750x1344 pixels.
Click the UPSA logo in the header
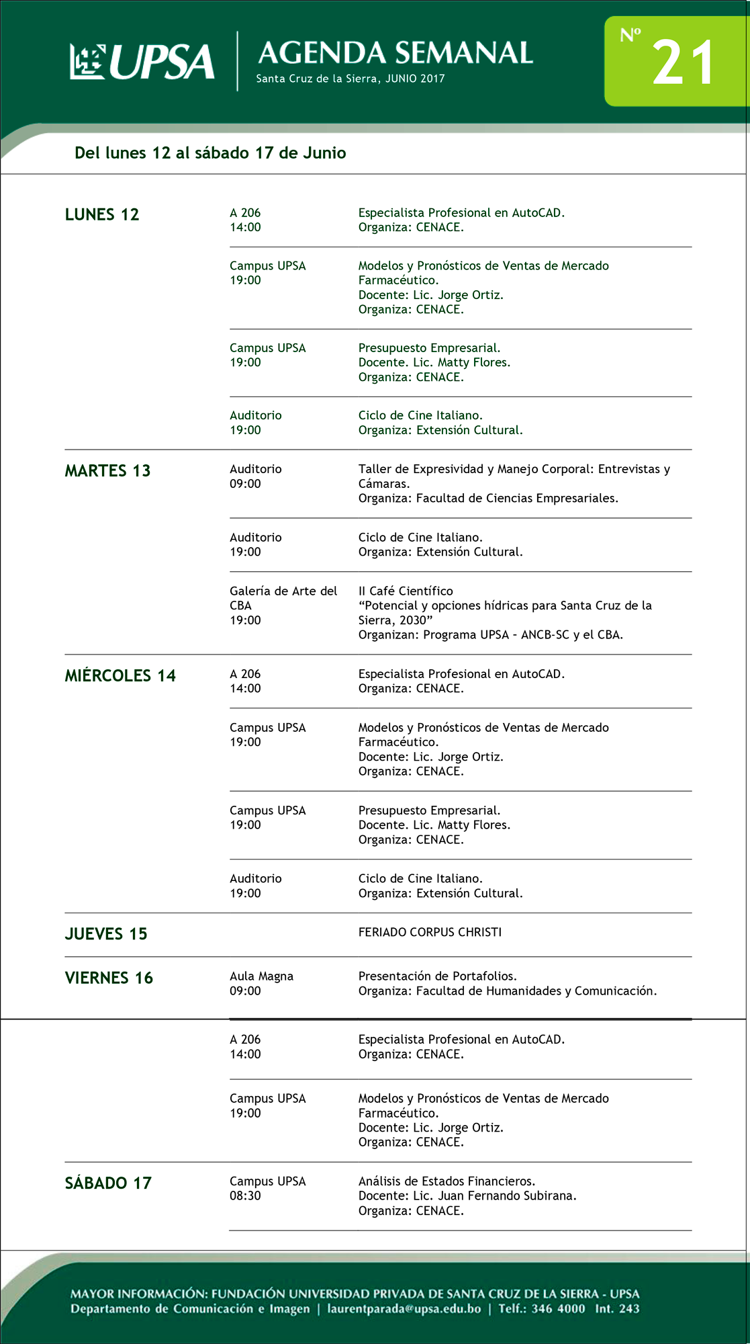(142, 62)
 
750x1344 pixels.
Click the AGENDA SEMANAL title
(395, 53)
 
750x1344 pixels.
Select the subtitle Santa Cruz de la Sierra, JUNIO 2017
(350, 79)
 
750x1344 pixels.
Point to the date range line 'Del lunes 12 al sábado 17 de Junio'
(210, 153)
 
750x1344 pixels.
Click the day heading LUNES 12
(102, 214)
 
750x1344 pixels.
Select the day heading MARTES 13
(107, 470)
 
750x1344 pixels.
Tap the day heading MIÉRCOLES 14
(120, 675)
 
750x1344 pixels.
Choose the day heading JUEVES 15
(106, 933)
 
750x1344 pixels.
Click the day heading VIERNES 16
(109, 978)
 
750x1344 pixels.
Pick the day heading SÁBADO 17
(108, 1183)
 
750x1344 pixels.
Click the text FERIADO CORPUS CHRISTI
(430, 932)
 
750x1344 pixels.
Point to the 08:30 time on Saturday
(245, 1195)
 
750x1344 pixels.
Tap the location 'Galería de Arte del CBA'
(283, 597)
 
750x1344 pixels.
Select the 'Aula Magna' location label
(261, 976)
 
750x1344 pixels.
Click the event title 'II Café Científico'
(406, 591)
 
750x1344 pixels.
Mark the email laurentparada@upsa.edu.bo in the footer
(404, 1308)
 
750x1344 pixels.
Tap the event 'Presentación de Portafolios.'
(437, 976)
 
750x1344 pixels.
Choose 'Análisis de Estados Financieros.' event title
(447, 1181)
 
